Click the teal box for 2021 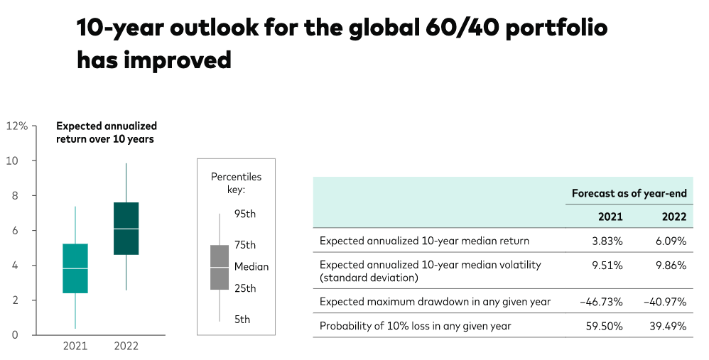[x=75, y=268]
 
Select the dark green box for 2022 [x=126, y=229]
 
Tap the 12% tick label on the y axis [x=17, y=126]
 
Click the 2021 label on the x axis [x=75, y=347]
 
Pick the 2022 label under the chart [x=126, y=347]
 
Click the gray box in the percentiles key [x=220, y=268]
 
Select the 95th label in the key [x=244, y=214]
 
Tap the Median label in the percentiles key [x=251, y=267]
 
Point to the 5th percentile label [x=242, y=320]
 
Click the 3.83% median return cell [x=607, y=241]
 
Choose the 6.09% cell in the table [x=671, y=241]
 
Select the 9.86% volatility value [x=671, y=265]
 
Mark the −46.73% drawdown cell [x=602, y=302]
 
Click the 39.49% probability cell [x=669, y=326]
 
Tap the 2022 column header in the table [x=674, y=217]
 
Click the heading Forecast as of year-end [x=629, y=194]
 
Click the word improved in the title [x=178, y=60]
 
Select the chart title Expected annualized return [x=107, y=132]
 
